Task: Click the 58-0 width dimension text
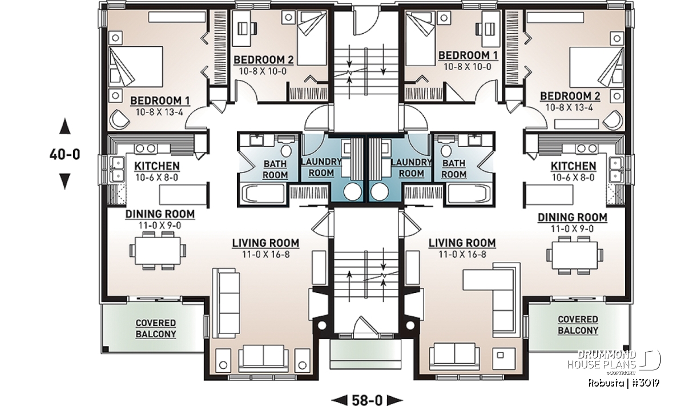[367, 400]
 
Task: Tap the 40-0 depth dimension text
[65, 155]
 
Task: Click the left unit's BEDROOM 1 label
[160, 101]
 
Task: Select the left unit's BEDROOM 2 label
[264, 60]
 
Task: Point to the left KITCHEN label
[157, 166]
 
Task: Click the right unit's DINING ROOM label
[573, 218]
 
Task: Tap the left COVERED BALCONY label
[156, 328]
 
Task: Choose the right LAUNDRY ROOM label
[412, 168]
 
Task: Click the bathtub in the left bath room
[263, 194]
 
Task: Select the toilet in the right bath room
[446, 148]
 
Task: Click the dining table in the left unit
[158, 251]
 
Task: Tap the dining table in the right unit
[575, 255]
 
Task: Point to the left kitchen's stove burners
[145, 148]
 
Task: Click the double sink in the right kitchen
[616, 170]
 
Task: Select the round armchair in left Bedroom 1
[119, 120]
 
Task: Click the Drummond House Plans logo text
[602, 360]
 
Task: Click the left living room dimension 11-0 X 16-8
[266, 254]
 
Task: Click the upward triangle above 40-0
[65, 126]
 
